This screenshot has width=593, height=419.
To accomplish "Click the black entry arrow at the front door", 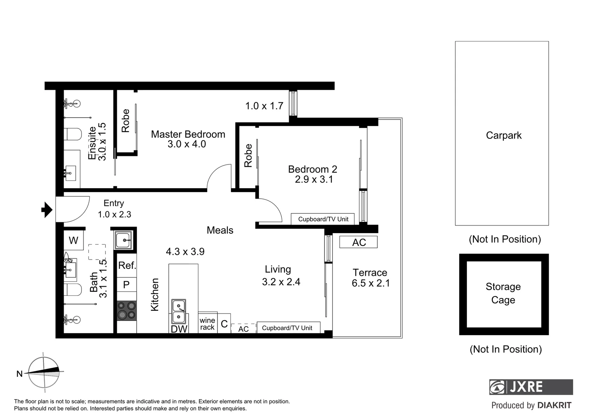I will tap(47, 210).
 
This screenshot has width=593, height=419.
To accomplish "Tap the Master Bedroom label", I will tap(188, 134).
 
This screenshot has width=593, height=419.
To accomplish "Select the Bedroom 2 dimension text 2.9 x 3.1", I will tap(314, 179).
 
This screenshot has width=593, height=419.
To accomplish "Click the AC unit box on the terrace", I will tap(359, 242).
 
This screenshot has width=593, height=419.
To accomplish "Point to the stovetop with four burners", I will tap(127, 310).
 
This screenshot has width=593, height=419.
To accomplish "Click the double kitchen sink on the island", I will tap(179, 312).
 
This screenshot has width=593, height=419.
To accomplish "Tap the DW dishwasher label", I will tap(179, 329).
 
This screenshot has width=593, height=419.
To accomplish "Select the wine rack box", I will tap(207, 324).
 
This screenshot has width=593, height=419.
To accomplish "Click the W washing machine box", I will tap(73, 241).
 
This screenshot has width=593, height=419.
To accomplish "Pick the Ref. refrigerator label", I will tap(127, 265).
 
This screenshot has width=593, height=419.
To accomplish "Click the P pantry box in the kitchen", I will tap(127, 285).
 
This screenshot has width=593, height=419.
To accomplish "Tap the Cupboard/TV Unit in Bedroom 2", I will tap(323, 219).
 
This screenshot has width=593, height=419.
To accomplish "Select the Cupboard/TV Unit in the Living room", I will tap(287, 328).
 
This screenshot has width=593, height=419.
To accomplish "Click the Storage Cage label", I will tap(503, 293).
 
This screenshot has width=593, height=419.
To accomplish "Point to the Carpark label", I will tap(503, 135).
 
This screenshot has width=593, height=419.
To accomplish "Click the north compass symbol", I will tap(44, 372).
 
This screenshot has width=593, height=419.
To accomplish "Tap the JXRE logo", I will tap(531, 387).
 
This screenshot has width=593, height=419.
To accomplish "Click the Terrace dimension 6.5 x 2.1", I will tap(371, 283).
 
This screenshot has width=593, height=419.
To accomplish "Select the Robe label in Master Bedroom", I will tap(125, 121).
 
